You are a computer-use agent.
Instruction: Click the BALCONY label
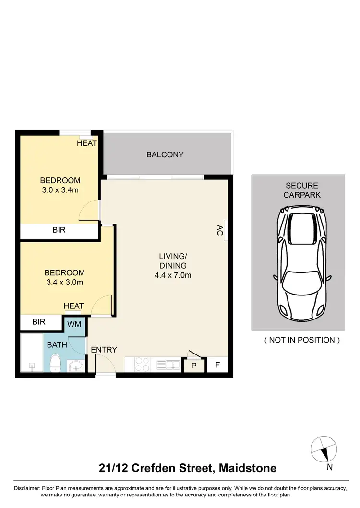[x=165, y=154]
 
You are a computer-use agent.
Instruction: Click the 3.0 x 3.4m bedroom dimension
[x=60, y=190]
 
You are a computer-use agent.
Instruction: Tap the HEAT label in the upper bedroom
[x=87, y=143]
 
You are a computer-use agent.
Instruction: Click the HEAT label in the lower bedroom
[x=74, y=306]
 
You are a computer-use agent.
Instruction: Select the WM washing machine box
[x=74, y=324]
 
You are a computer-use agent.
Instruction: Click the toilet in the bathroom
[x=55, y=363]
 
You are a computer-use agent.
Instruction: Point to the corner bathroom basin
[x=76, y=366]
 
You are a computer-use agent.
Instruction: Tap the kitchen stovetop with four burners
[x=142, y=365]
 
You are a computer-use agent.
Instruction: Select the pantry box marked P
[x=194, y=366]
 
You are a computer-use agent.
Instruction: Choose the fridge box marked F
[x=217, y=365]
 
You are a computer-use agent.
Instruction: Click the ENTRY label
[x=104, y=350]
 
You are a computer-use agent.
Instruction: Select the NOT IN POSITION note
[x=302, y=340]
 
